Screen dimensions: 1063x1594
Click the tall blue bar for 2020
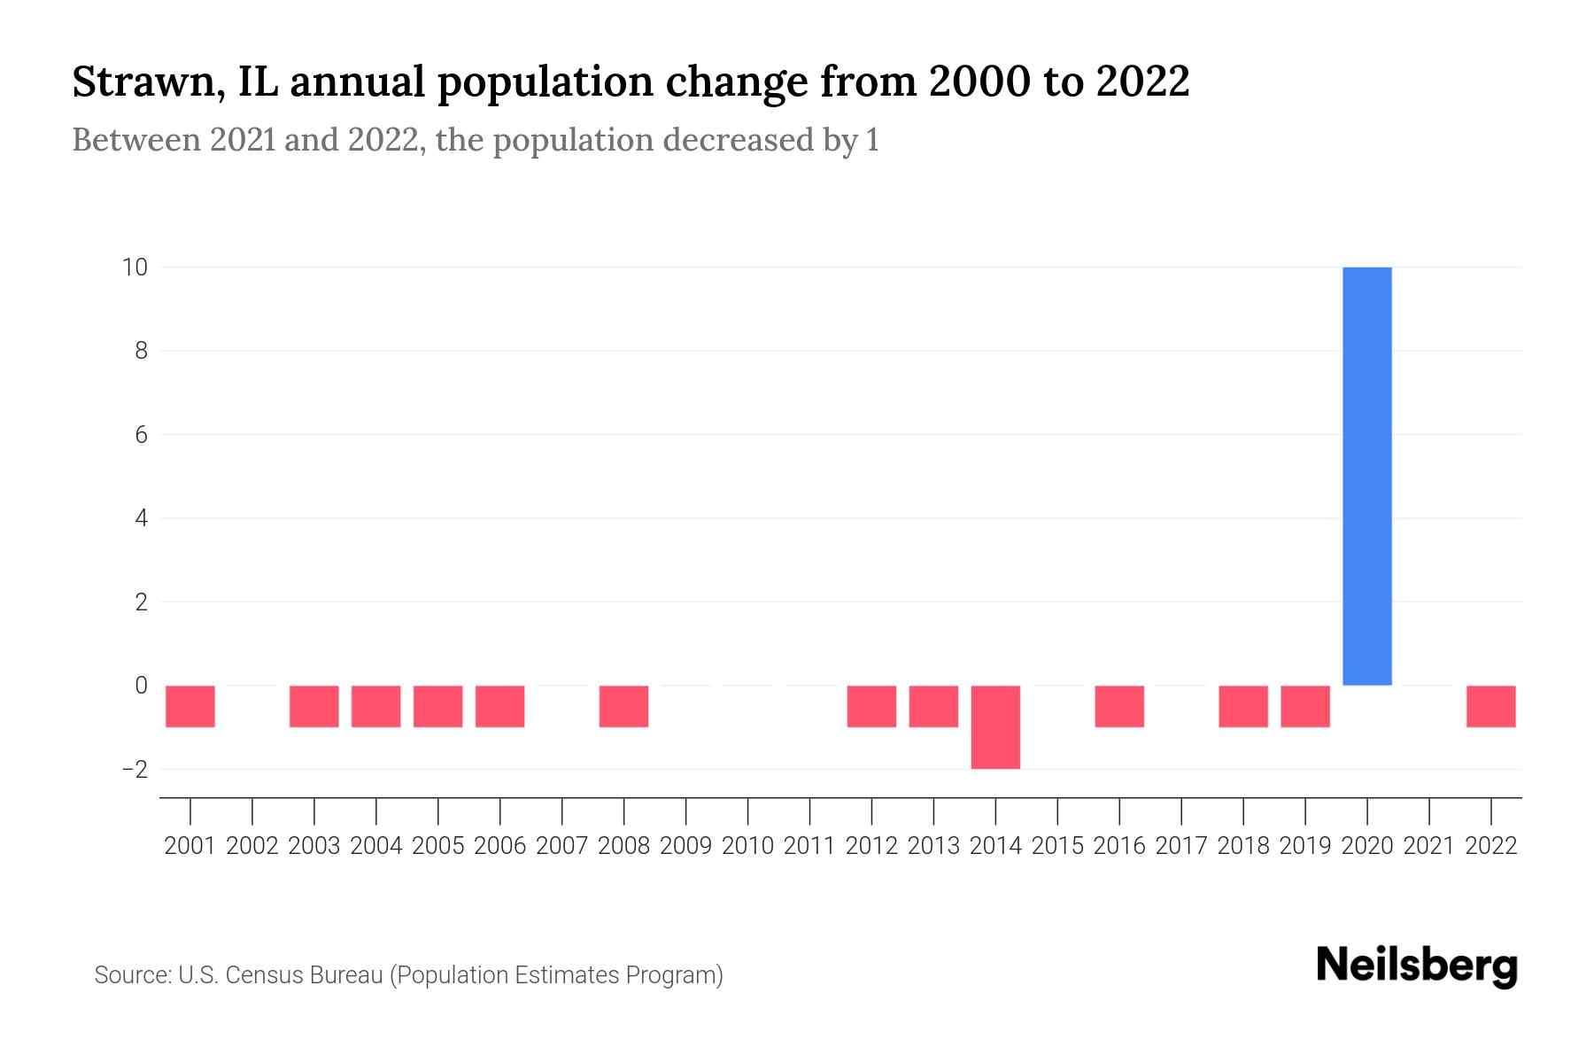[x=1366, y=476]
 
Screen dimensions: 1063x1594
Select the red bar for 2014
[x=995, y=727]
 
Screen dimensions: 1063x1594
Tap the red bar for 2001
[x=190, y=706]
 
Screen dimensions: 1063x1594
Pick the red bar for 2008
[x=623, y=706]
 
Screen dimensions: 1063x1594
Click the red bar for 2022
[x=1490, y=706]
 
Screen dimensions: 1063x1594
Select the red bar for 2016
[x=1119, y=706]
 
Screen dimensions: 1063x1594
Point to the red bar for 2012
[x=871, y=706]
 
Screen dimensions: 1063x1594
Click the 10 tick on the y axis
[x=135, y=267]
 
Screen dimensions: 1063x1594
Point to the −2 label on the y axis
[x=135, y=769]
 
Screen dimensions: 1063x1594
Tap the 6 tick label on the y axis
[x=141, y=434]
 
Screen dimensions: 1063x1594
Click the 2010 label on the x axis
[x=747, y=846]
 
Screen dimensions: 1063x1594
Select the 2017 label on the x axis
[x=1181, y=846]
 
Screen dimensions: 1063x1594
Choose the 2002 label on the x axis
[x=252, y=846]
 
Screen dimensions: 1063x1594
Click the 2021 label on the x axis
[x=1428, y=846]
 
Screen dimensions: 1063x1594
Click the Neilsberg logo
[x=1416, y=966]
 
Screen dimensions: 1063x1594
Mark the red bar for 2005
[x=437, y=706]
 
